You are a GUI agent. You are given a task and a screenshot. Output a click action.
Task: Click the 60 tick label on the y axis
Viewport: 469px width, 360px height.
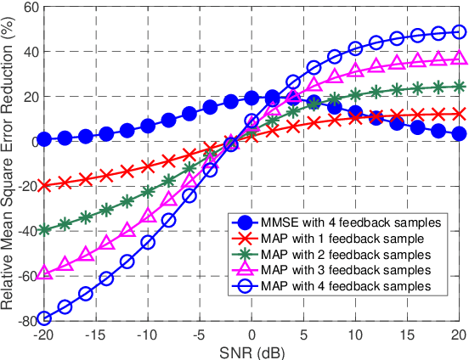pyautogui.click(x=31, y=8)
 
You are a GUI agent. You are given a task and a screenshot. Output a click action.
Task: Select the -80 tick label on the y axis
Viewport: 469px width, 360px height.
pyautogui.click(x=28, y=321)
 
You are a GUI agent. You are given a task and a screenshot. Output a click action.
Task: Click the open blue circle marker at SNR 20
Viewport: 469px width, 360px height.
pyautogui.click(x=460, y=32)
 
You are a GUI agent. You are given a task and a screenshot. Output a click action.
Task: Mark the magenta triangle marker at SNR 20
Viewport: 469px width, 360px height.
pyautogui.click(x=460, y=59)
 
